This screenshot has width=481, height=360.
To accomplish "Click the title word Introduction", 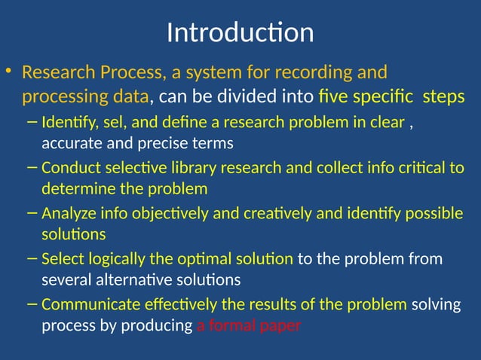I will (240, 33).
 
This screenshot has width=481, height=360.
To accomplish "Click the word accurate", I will (73, 142).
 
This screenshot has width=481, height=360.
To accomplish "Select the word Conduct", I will (69, 168).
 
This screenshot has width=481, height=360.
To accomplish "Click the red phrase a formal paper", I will (249, 325).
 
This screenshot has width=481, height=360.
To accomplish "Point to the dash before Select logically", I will (29, 259).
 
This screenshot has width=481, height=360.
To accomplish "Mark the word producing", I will (158, 325).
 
